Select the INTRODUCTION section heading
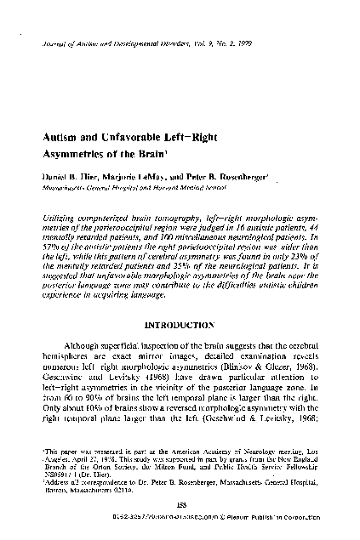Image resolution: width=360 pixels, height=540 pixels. [180, 300]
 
